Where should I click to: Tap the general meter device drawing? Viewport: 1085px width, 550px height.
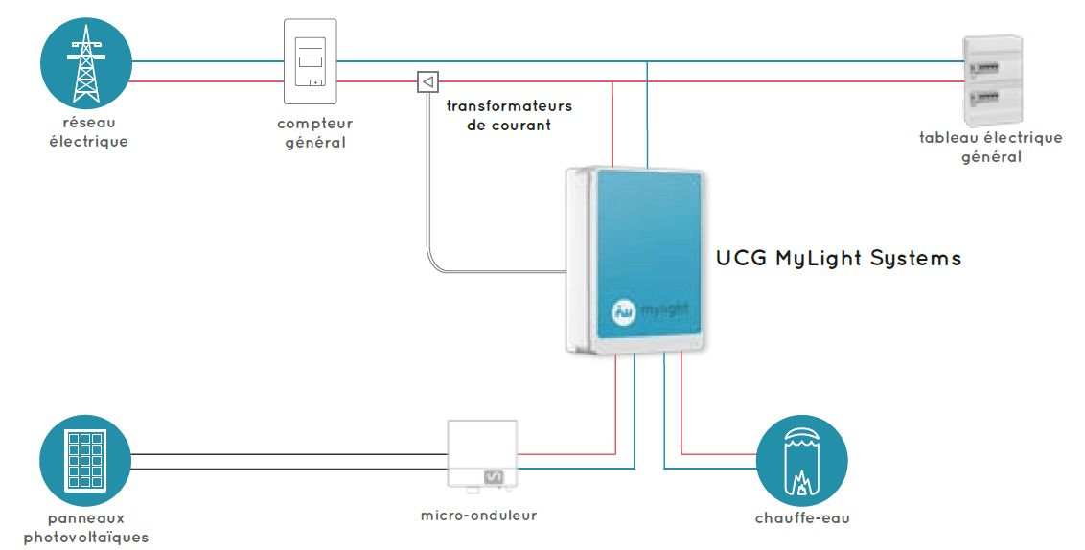pyautogui.click(x=311, y=62)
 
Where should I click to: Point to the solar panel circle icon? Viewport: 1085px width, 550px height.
pyautogui.click(x=85, y=460)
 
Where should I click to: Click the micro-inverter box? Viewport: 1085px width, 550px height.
pyautogui.click(x=481, y=454)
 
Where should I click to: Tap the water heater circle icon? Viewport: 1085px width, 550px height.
pyautogui.click(x=802, y=460)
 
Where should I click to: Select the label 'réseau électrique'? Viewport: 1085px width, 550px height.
pyautogui.click(x=87, y=132)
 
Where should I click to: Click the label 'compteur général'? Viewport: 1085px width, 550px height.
pyautogui.click(x=315, y=133)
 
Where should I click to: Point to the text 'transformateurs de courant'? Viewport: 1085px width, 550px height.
pyautogui.click(x=509, y=115)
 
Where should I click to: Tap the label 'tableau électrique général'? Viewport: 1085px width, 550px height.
pyautogui.click(x=991, y=147)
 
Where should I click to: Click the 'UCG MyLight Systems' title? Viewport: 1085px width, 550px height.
pyautogui.click(x=839, y=259)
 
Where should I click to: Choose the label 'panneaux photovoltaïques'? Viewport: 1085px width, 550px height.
pyautogui.click(x=86, y=527)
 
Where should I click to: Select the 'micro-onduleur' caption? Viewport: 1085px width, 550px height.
pyautogui.click(x=479, y=516)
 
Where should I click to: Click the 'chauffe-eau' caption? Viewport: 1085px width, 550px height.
pyautogui.click(x=802, y=518)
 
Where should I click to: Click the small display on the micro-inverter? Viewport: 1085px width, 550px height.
pyautogui.click(x=495, y=475)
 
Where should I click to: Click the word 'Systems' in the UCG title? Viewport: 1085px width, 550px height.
pyautogui.click(x=915, y=259)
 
